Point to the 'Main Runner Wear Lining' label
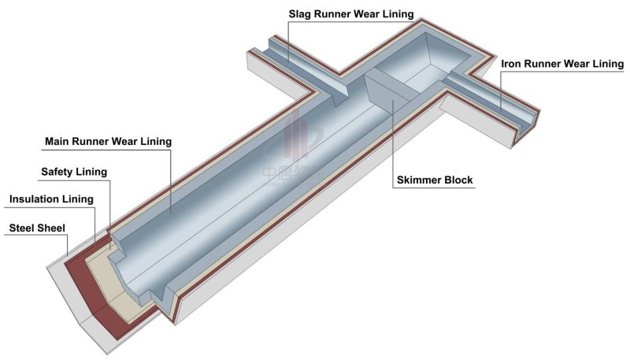(x=108, y=142)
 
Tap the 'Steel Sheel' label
(x=36, y=228)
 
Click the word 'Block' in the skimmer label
(x=458, y=180)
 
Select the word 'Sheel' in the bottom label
(x=51, y=228)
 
